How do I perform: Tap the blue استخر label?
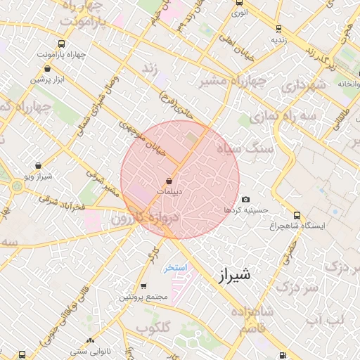click(x=174, y=268)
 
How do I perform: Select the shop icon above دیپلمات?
click(x=169, y=181)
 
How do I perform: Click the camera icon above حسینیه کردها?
click(x=245, y=200)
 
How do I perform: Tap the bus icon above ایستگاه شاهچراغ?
click(x=297, y=215)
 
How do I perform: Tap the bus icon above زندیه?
click(x=279, y=29)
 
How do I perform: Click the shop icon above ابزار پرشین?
click(x=47, y=69)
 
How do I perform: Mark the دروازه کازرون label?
click(x=146, y=219)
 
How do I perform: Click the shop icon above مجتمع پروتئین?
click(x=143, y=286)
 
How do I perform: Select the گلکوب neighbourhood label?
click(x=153, y=328)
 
